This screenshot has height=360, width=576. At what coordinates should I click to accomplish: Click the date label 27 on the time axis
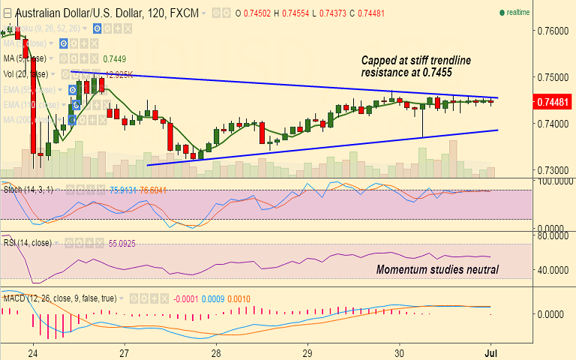point(124,352)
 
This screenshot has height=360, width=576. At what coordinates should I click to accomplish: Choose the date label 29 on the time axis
point(307,352)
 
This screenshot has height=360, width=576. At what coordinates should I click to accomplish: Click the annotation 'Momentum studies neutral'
point(437,269)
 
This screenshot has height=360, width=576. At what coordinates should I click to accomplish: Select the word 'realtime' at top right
point(518,13)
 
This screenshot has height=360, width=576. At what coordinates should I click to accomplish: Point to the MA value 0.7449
point(114,58)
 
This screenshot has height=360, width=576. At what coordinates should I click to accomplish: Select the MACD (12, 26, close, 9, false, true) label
point(60,298)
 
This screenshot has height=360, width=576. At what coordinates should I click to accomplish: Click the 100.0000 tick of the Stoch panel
point(553,181)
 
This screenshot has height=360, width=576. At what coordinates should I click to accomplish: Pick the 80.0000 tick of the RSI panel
point(553,235)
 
